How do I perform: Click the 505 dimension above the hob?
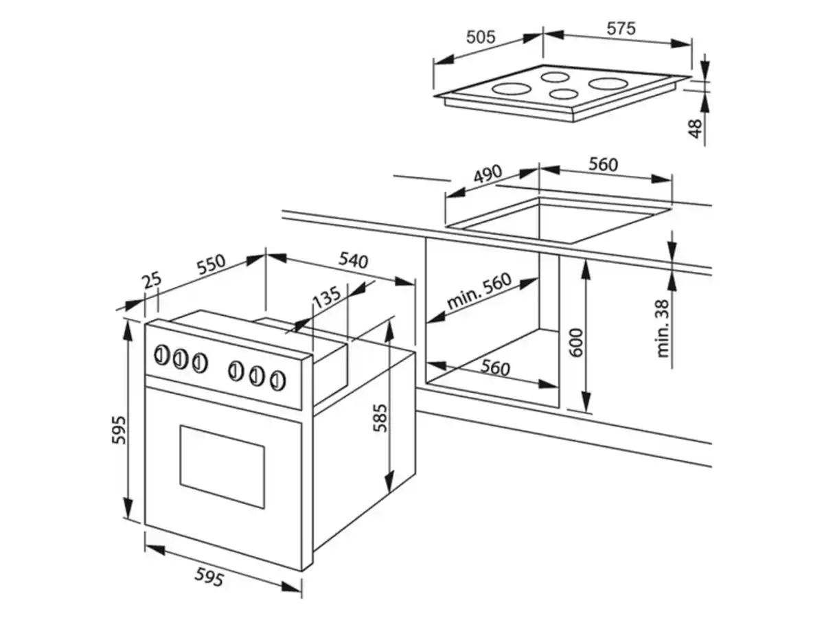480,37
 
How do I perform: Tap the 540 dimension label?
354,261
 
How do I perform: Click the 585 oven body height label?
381,417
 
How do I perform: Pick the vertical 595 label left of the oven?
119,430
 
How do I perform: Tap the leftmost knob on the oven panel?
161,355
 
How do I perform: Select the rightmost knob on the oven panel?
277,379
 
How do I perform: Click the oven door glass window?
222,466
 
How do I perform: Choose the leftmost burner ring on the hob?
510,89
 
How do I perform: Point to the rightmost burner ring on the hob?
606,84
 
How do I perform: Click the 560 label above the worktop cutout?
603,165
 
